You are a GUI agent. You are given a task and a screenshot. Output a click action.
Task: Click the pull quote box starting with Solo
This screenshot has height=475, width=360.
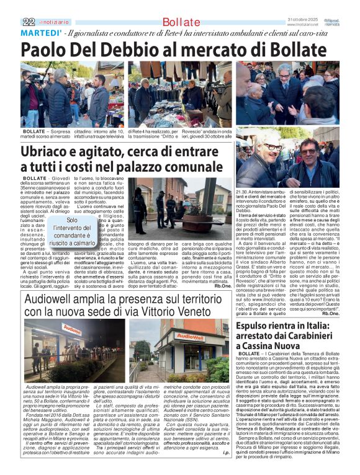(x=73, y=231)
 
